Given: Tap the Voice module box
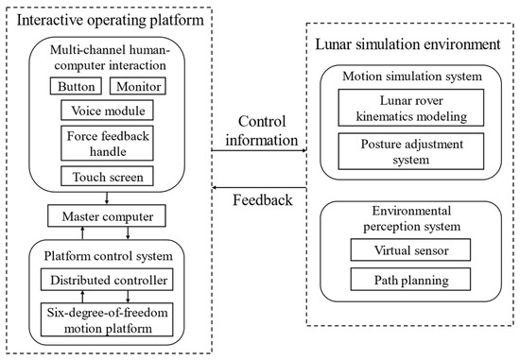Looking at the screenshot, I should [x=107, y=110].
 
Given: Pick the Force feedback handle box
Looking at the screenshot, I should [x=107, y=142].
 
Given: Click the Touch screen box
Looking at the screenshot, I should [x=107, y=176].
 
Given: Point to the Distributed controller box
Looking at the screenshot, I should [x=108, y=281].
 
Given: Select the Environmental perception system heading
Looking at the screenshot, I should [x=407, y=220].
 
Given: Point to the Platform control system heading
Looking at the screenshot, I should [x=108, y=256].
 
